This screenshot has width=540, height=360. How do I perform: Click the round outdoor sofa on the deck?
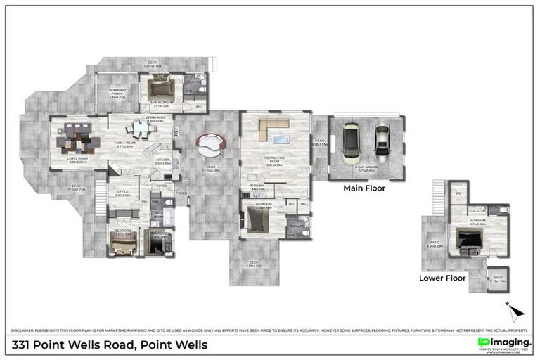[211, 146]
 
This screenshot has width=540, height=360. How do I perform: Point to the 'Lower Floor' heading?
[442, 278]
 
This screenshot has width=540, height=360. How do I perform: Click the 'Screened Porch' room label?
[117, 93]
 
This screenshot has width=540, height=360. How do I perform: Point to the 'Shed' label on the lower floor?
[497, 278]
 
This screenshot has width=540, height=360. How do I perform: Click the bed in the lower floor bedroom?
[468, 240]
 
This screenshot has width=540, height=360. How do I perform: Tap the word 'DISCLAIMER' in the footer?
[25, 330]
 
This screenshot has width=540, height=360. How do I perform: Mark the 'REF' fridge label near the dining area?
[176, 130]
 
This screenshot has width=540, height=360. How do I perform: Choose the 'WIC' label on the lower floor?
[458, 192]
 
